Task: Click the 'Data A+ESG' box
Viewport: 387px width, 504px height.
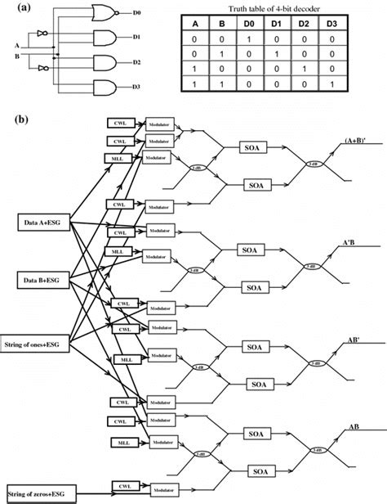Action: click(45, 221)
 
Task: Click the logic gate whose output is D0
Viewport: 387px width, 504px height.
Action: click(105, 11)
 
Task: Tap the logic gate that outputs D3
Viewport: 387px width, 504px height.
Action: click(105, 88)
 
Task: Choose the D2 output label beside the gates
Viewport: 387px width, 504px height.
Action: click(136, 63)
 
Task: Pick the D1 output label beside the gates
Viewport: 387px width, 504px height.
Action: click(136, 38)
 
